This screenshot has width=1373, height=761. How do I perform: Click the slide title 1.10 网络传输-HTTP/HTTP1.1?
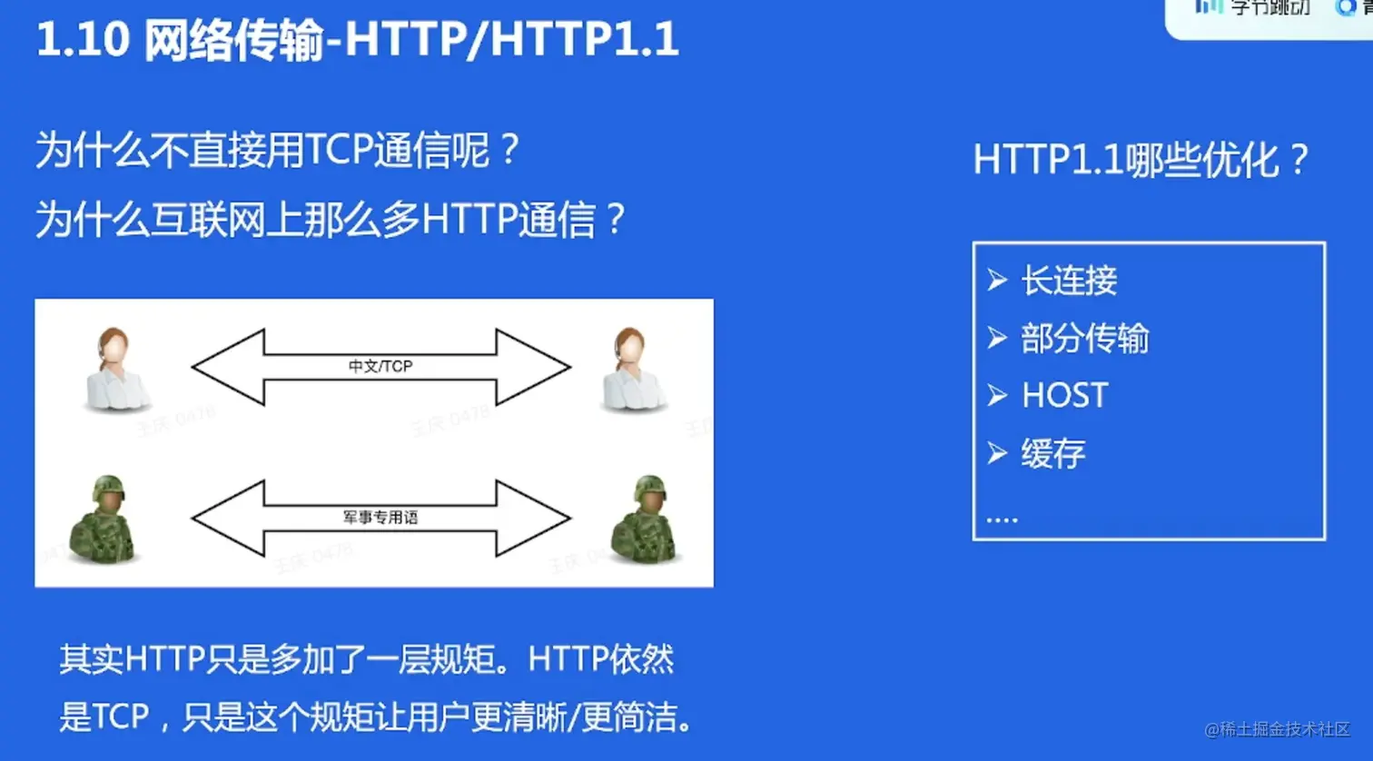coord(357,40)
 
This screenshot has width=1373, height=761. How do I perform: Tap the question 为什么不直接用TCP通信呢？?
coord(277,150)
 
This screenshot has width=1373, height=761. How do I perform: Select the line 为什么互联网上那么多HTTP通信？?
coord(331,220)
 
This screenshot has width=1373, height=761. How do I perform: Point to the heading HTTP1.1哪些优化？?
coord(1141,161)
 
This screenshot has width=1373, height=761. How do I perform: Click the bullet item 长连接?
coord(1069,281)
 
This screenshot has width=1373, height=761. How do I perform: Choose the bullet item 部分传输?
coord(1084,338)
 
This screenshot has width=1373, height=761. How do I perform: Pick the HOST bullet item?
coord(1064,396)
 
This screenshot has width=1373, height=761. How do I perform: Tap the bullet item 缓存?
coord(1052,453)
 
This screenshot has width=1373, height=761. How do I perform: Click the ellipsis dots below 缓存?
coord(1002,519)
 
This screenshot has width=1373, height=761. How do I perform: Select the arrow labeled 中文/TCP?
coord(380,367)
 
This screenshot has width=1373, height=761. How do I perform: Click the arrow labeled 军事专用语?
coord(380,518)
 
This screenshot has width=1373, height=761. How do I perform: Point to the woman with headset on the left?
coord(115,371)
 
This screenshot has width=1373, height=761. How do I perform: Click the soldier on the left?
coord(104,519)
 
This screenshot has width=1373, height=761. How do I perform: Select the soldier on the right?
coord(646,519)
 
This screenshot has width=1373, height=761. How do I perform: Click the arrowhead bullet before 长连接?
coord(997,281)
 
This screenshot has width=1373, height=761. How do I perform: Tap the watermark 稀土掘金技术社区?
coord(1278,729)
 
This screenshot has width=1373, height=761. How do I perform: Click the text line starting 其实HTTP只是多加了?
coord(367,659)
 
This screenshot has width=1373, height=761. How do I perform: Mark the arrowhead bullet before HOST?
coord(997,396)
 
